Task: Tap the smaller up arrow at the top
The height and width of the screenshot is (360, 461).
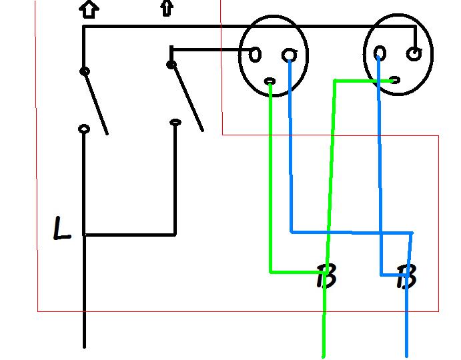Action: click(165, 8)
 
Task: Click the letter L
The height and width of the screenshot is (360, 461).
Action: click(62, 229)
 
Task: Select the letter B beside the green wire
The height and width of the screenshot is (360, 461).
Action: click(326, 276)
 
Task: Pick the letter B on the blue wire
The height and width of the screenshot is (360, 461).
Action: click(406, 276)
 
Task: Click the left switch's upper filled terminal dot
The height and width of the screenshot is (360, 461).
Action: click(84, 71)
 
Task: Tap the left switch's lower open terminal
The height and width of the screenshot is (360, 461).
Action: click(84, 129)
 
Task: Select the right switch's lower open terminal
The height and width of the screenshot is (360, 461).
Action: click(175, 122)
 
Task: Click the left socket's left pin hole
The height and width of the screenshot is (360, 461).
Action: click(255, 55)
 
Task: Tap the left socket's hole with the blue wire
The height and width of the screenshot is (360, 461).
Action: click(289, 55)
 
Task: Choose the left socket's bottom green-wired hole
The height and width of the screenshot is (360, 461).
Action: click(270, 81)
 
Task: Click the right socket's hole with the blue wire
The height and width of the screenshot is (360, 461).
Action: click(379, 53)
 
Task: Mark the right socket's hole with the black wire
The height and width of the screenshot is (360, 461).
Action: click(415, 54)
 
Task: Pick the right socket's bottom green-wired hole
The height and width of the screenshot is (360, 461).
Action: click(394, 80)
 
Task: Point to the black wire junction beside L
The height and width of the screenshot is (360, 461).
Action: click(85, 235)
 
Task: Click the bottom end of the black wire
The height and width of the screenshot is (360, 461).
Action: click(84, 346)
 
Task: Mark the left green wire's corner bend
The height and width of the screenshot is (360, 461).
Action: click(271, 271)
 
